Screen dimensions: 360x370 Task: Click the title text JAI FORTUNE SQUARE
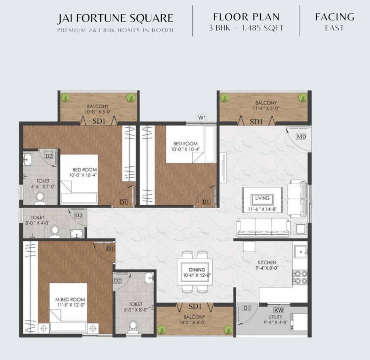[x=115, y=19]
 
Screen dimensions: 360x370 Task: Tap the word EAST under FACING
[x=334, y=28]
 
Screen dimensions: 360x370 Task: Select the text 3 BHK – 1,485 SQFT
[x=246, y=28]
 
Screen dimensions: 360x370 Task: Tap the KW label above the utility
[x=278, y=310]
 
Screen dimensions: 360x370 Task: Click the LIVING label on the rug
[x=262, y=198]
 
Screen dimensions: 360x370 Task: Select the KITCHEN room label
[x=267, y=262]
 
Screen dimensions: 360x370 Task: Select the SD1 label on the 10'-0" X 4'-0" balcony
[x=195, y=307]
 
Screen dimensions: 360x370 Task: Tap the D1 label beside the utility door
[x=247, y=308]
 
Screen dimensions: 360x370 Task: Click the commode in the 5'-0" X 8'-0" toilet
[x=133, y=325]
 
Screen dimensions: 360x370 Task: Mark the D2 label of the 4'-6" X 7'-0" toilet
[x=49, y=156]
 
